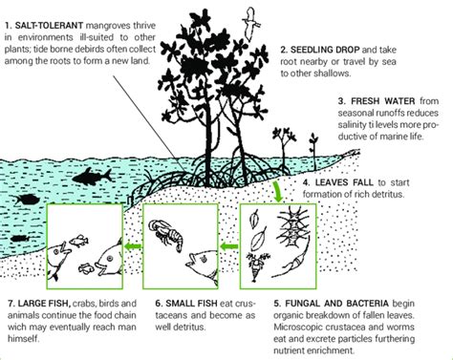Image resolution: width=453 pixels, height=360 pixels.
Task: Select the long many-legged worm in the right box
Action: coord(292,230)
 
